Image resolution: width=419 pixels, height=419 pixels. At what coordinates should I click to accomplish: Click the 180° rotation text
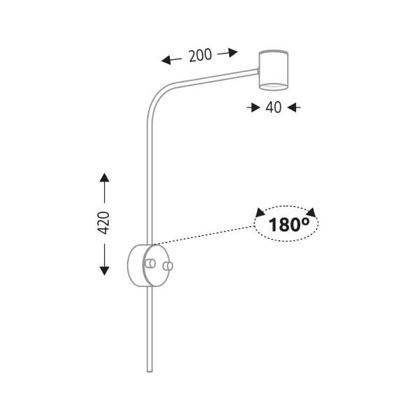(x=289, y=224)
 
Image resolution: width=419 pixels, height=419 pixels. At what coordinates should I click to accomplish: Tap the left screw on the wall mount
(x=151, y=264)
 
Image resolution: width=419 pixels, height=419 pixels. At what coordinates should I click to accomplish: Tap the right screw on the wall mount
(x=167, y=265)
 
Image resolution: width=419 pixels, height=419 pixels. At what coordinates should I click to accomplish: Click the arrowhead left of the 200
(x=166, y=61)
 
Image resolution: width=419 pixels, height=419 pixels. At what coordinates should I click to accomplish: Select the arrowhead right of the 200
(x=233, y=51)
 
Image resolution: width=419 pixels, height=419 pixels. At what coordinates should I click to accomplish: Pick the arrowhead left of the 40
(x=250, y=107)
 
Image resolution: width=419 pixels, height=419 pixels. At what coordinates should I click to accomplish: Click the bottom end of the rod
(x=149, y=371)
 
